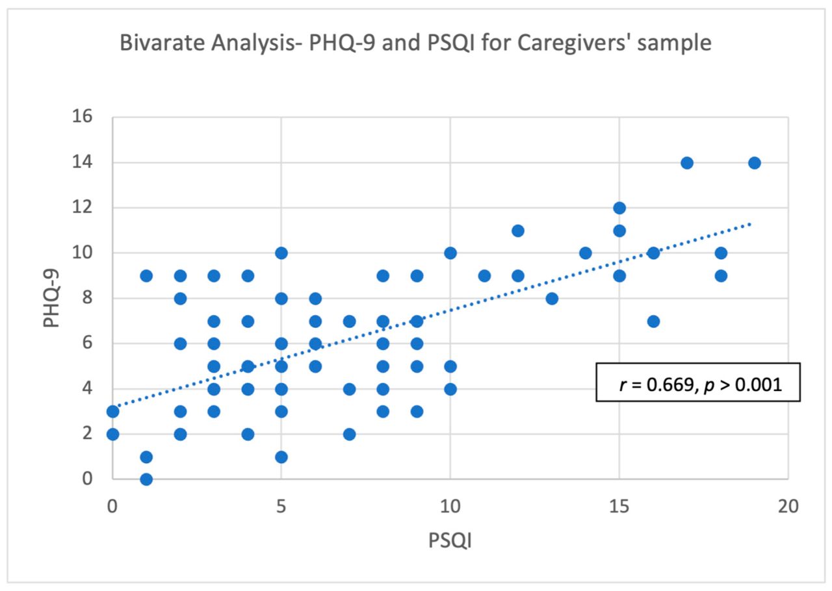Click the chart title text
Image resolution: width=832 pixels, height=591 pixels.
coord(416,44)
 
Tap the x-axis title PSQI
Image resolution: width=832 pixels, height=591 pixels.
coord(450,539)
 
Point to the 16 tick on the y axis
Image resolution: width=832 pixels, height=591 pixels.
coord(84,118)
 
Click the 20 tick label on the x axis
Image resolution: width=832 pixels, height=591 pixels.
coord(788,505)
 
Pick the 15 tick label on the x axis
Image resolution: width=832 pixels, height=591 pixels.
coord(619,505)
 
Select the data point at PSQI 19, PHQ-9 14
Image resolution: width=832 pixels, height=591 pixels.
coord(754,162)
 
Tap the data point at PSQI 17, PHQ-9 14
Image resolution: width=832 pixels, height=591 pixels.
coord(686,162)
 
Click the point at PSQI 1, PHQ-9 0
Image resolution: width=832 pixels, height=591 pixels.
coord(146,479)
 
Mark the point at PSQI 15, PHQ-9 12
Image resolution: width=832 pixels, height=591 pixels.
coord(619,208)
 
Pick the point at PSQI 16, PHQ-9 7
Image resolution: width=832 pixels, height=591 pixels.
coord(653,321)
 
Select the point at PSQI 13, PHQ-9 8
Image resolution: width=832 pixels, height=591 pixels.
coord(552,298)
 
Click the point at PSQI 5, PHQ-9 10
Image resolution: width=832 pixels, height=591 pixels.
coord(281,253)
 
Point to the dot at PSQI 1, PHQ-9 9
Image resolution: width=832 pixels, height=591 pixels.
coord(146,275)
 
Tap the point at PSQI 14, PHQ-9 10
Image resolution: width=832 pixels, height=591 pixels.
coord(586,253)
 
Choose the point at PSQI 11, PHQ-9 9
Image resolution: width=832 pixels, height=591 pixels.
coord(484,275)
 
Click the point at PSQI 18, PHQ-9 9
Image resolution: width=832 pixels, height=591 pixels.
coord(720,275)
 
